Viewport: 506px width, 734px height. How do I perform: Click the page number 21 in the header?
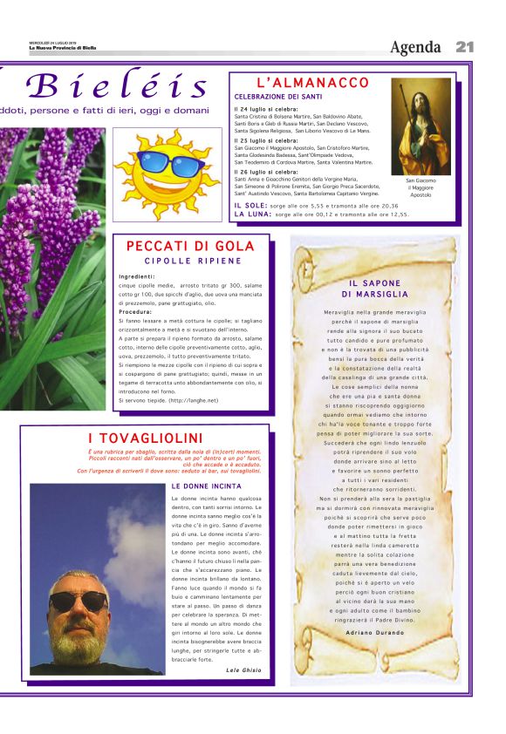click(464, 47)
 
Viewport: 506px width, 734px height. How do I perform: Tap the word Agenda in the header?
click(417, 47)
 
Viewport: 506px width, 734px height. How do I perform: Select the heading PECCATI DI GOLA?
click(190, 247)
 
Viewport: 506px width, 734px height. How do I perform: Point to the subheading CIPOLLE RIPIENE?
click(193, 261)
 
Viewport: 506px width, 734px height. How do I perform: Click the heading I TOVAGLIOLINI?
click(145, 438)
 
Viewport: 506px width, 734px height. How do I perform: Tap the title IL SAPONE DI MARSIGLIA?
click(375, 289)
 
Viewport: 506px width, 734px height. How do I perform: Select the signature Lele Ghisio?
click(243, 669)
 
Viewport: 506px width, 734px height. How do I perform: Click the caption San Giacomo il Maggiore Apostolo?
click(421, 187)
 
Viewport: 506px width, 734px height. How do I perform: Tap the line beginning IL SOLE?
click(317, 206)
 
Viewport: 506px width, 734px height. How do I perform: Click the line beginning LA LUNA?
click(321, 214)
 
